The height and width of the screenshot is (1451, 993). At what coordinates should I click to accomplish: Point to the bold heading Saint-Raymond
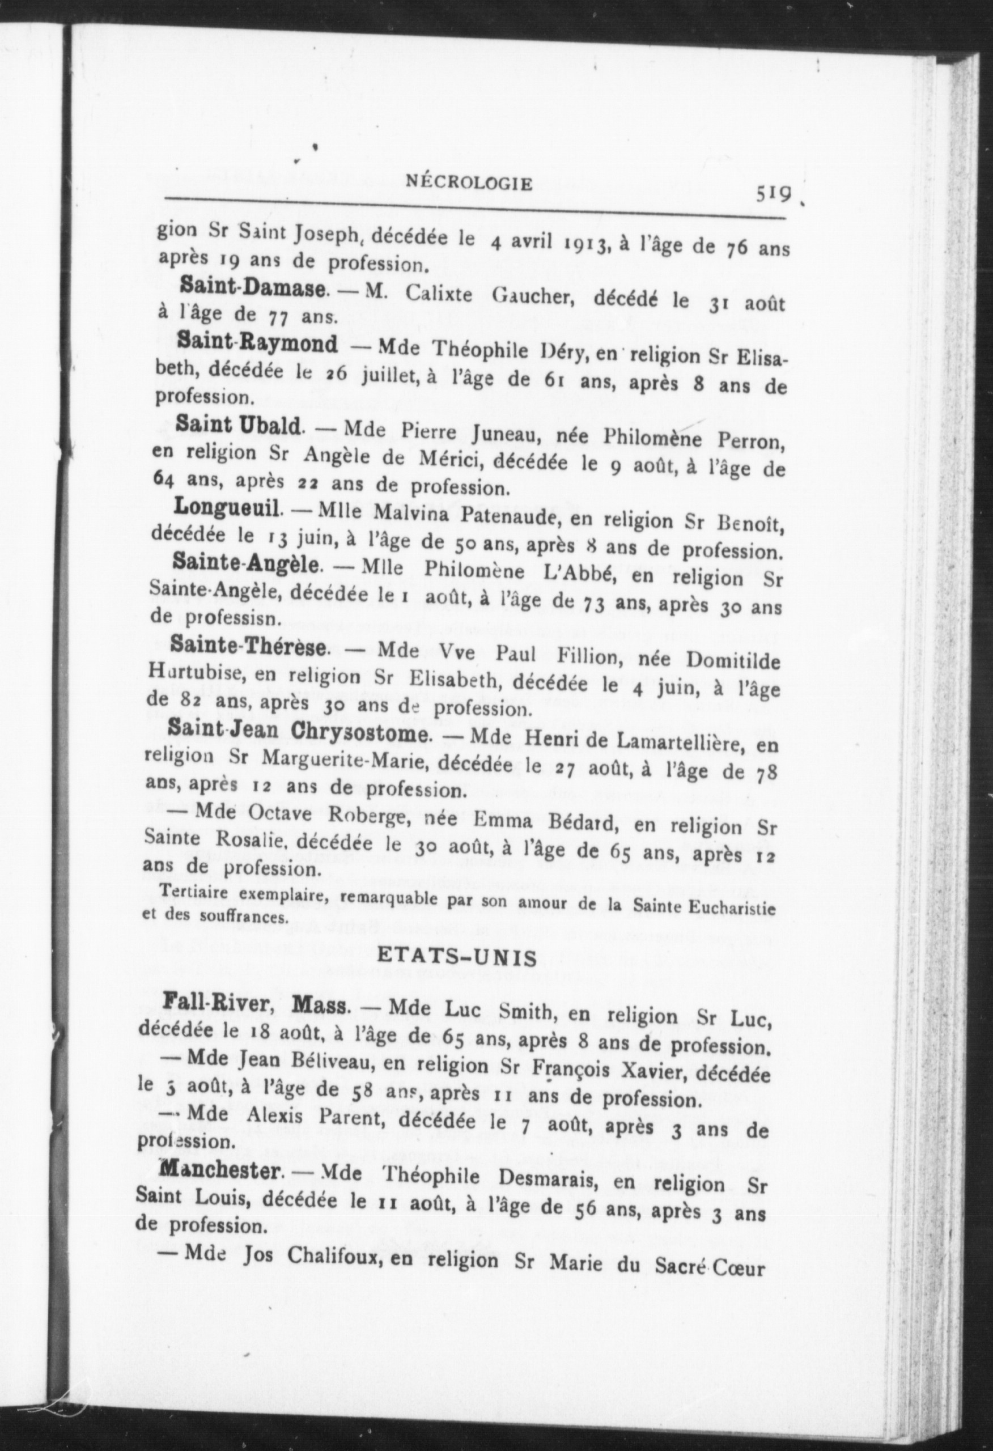[x=257, y=343]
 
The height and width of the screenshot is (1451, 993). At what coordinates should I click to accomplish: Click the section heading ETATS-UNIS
[x=457, y=958]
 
